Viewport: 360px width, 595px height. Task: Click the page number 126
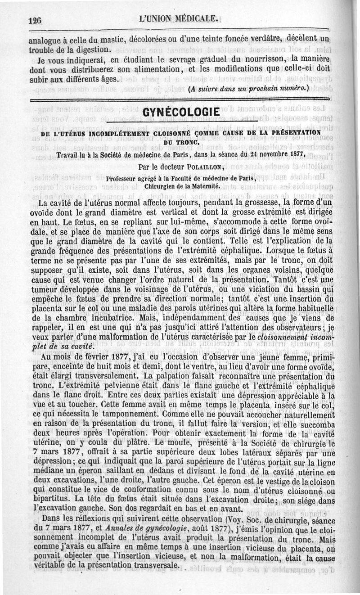tap(35, 20)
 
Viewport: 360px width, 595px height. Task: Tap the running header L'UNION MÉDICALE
tap(180, 19)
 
